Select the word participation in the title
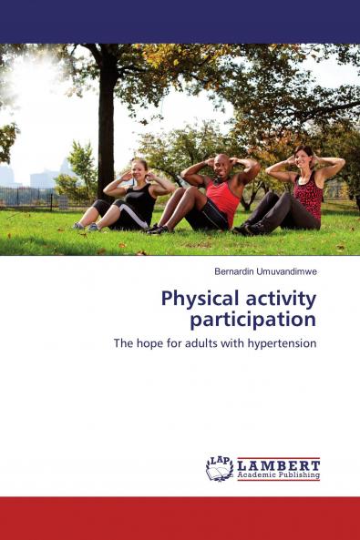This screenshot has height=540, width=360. click(x=252, y=320)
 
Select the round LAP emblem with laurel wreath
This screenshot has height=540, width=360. click(x=220, y=468)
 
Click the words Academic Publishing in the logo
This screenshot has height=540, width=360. click(x=278, y=475)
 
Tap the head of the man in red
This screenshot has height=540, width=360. click(x=221, y=164)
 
